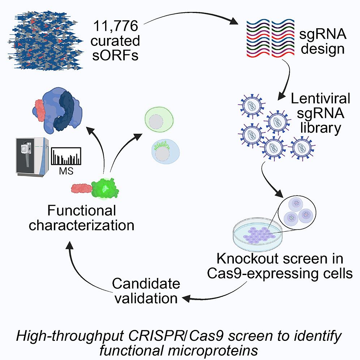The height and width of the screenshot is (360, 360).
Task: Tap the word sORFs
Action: [115, 56]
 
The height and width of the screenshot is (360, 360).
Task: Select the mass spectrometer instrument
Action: [31, 156]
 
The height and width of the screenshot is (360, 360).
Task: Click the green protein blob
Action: [105, 188]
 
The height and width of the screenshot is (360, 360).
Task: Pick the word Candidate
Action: [146, 283]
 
